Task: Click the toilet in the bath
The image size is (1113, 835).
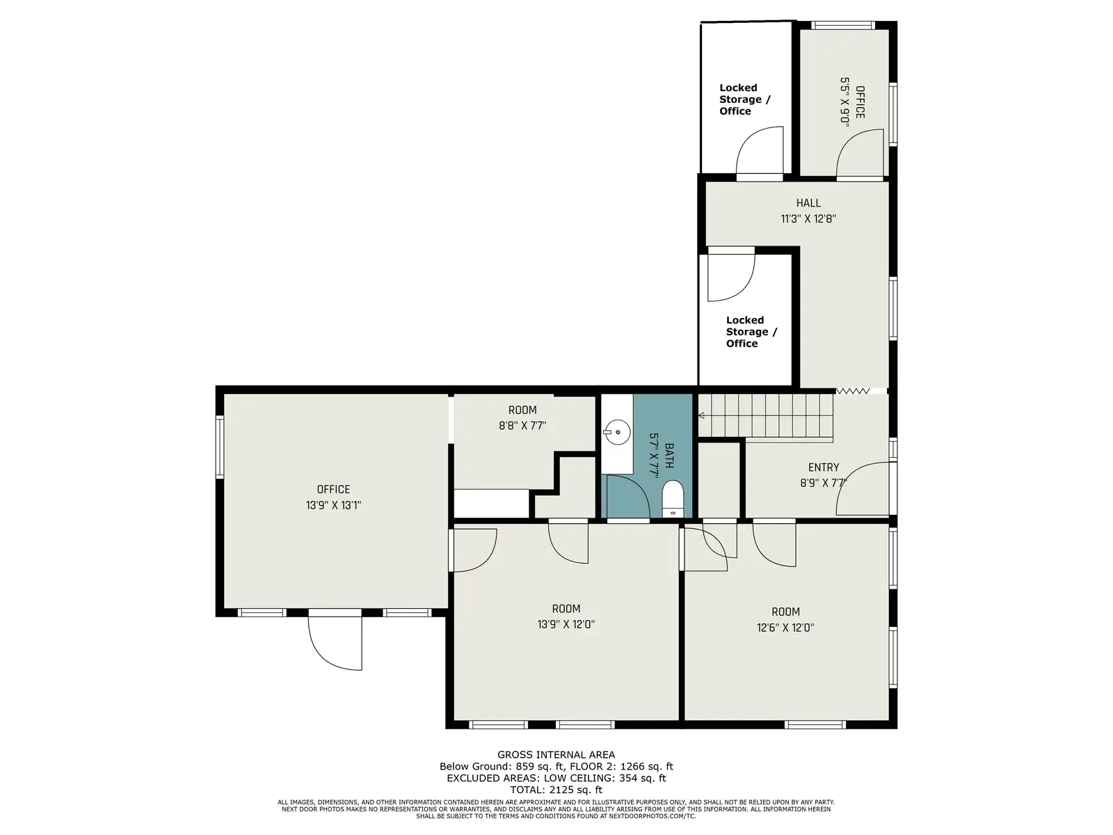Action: [x=673, y=499]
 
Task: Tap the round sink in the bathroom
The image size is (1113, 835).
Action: [x=617, y=432]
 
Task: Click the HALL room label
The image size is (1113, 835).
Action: [x=808, y=202]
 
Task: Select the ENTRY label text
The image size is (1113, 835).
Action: [x=824, y=467]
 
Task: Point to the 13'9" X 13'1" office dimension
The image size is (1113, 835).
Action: [x=333, y=505]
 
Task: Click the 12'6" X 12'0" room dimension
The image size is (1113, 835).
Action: [x=785, y=628]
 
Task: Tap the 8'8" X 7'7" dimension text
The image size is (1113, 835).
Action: [x=522, y=425]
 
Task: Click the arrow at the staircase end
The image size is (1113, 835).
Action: [x=702, y=415]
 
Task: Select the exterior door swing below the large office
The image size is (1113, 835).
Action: [x=335, y=642]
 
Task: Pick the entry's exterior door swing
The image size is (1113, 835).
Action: [x=863, y=488]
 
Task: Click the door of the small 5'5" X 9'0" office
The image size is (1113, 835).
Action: [x=860, y=152]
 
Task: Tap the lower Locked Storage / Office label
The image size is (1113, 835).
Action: [x=751, y=332]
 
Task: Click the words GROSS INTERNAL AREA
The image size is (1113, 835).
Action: [x=556, y=754]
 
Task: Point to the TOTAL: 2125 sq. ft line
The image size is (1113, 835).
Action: [x=556, y=789]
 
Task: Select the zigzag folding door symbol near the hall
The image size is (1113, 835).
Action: [x=853, y=391]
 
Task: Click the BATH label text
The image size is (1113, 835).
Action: [x=669, y=455]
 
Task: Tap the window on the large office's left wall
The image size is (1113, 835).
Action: [x=220, y=447]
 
